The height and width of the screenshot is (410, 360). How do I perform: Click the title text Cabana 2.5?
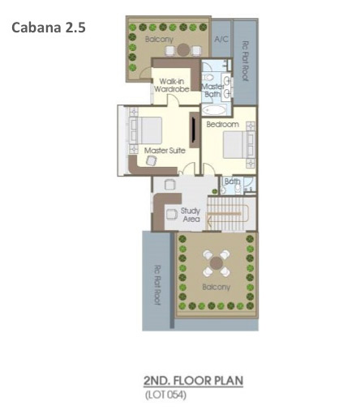pos(49,28)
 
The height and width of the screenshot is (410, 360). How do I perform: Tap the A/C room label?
pos(221,39)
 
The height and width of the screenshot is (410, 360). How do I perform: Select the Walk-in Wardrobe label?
pos(171,85)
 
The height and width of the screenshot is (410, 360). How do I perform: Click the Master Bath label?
pos(212,90)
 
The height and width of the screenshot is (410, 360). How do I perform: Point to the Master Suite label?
pos(165,151)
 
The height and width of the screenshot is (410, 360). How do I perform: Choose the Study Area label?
pos(191,215)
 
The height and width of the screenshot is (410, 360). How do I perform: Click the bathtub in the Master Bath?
pos(214,110)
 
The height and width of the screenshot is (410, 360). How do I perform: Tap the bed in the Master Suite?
pos(145,130)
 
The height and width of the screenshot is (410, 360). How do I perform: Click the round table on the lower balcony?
pos(216,263)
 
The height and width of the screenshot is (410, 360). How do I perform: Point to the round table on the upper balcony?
pos(183,50)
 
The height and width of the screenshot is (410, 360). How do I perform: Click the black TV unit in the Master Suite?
pos(194,130)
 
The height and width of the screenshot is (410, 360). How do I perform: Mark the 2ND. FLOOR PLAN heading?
pos(193,381)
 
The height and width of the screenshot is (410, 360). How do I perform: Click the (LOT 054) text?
pos(165,395)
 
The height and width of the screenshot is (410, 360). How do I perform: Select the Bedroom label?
pos(223,125)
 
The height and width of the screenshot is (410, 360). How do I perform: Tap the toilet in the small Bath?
pos(238,190)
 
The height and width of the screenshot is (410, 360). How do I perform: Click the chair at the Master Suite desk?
pos(152,161)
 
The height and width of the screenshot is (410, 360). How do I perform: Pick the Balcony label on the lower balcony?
pos(216,287)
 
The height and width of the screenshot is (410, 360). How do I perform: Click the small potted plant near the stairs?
pos(215,191)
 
